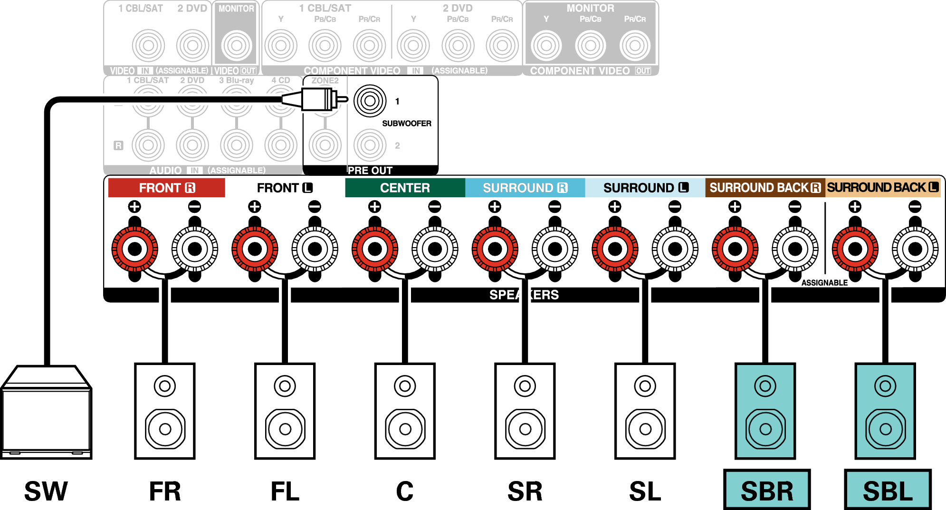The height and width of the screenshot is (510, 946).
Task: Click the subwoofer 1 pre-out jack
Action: (x=370, y=101)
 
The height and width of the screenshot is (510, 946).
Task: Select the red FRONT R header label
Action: (x=167, y=188)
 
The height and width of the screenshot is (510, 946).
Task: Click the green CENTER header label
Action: (x=405, y=188)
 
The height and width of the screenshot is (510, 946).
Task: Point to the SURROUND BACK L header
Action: (x=883, y=188)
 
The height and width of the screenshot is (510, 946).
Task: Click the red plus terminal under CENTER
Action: (x=375, y=249)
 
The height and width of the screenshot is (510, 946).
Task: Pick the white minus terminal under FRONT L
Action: (x=315, y=249)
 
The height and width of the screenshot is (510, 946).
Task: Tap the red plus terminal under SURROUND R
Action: (x=495, y=249)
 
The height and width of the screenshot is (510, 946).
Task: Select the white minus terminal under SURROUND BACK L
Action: (x=915, y=249)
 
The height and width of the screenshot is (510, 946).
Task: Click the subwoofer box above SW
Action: (x=46, y=412)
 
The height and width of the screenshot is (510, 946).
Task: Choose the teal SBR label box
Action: (x=767, y=490)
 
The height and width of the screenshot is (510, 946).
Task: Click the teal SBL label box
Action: (x=888, y=490)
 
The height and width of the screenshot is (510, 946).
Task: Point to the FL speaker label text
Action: (x=285, y=491)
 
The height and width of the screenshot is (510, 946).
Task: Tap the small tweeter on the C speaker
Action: (x=405, y=386)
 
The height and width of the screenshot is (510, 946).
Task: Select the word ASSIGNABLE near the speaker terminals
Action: (x=824, y=283)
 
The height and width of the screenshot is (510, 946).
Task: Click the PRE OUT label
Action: (x=370, y=170)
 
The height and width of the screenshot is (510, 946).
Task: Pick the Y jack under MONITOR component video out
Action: (x=546, y=46)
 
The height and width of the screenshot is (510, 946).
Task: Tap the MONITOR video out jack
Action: (x=236, y=46)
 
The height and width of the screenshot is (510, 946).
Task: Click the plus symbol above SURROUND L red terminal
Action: (x=615, y=206)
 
